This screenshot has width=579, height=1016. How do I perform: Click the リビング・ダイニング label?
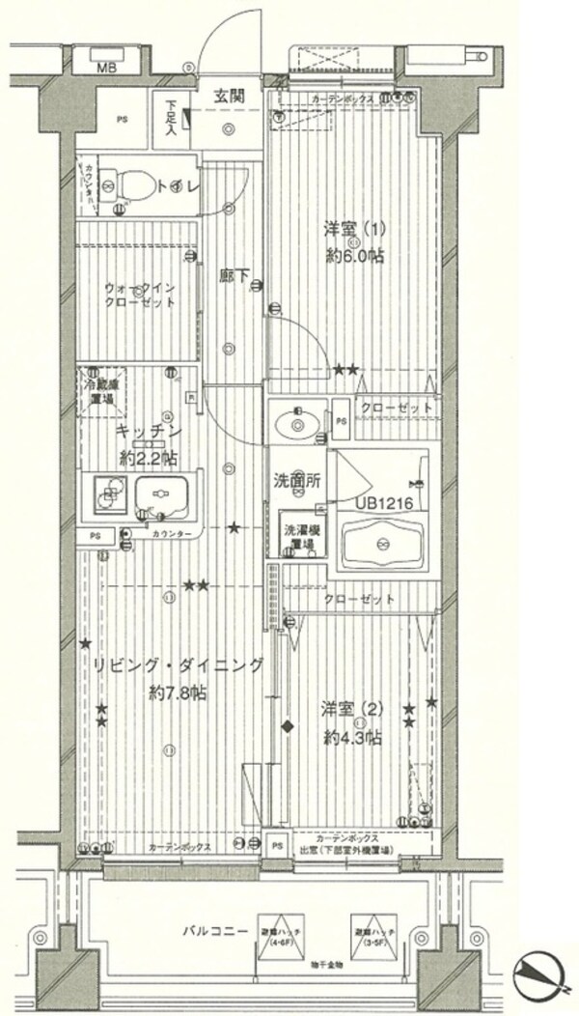point(178,664)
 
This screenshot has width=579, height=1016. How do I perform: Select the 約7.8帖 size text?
point(178,692)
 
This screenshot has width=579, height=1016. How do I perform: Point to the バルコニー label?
point(211,932)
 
